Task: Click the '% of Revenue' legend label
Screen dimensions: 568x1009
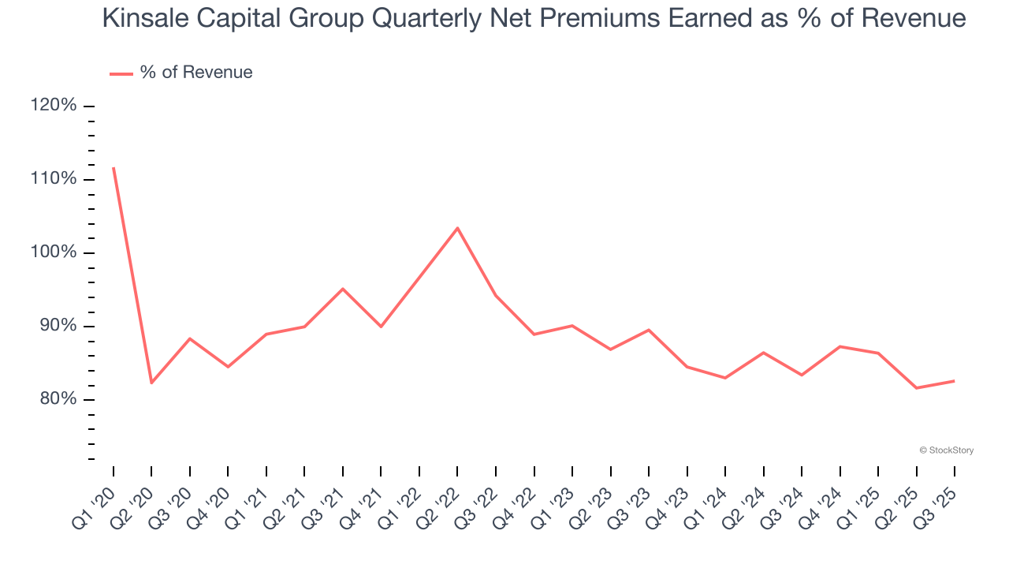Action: [x=196, y=73]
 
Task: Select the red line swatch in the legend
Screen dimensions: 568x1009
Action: [x=121, y=73]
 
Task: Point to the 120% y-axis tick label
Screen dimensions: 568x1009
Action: [x=54, y=106]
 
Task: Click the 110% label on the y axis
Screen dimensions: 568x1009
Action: [x=54, y=179]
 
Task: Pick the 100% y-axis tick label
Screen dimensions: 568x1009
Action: [x=54, y=252]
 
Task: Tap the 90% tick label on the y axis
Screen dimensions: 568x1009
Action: [x=57, y=326]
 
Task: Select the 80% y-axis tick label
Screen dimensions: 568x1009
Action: [x=57, y=399]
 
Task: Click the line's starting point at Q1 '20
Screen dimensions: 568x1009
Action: [x=114, y=167]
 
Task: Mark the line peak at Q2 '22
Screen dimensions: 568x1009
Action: [x=457, y=228]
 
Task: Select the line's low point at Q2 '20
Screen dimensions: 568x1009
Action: [x=151, y=383]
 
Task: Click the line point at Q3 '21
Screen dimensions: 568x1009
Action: [x=343, y=289]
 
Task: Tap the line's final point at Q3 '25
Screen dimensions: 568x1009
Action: [x=955, y=381]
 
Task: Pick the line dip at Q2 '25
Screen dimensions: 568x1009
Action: [x=916, y=388]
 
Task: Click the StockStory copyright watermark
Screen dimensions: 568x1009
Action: [x=946, y=450]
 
